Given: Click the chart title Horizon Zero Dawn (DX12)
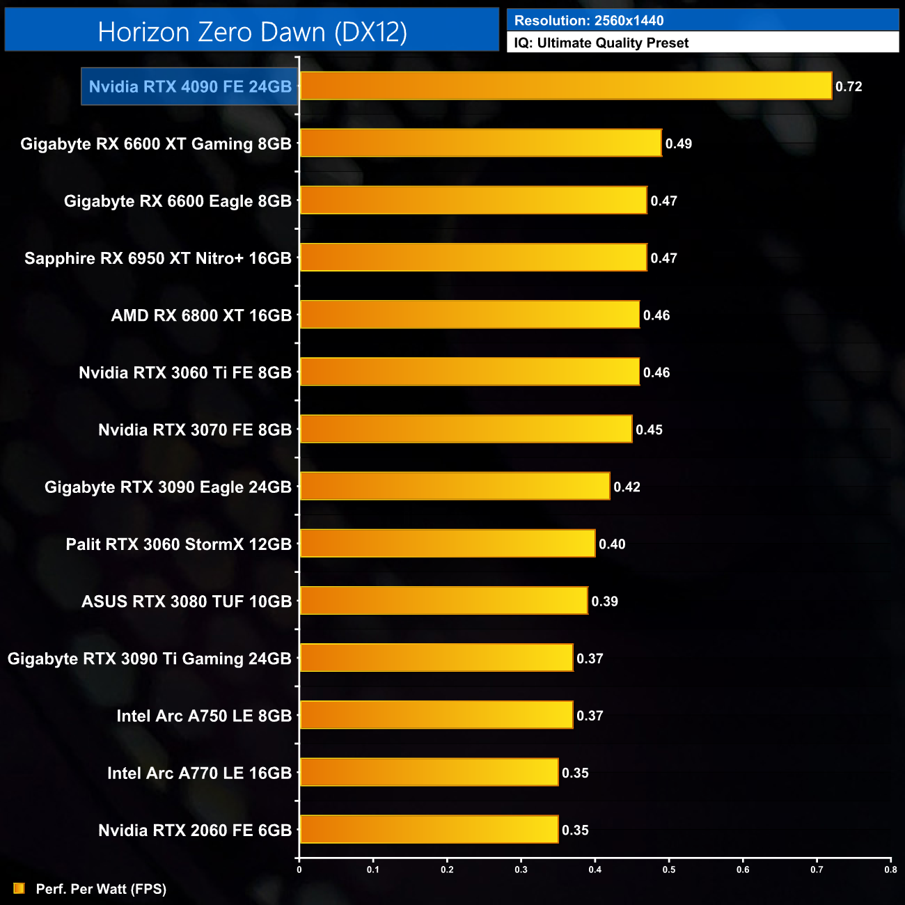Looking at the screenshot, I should (252, 32).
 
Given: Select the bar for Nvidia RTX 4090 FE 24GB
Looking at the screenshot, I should (565, 86).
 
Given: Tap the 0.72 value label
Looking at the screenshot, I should (849, 87).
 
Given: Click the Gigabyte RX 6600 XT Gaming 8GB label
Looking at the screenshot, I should (156, 144).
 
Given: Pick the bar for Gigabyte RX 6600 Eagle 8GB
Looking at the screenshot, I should (473, 200).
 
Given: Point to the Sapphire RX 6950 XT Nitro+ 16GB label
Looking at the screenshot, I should (158, 258).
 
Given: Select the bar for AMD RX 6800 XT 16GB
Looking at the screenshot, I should (469, 315).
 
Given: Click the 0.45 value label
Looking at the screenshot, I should (649, 430).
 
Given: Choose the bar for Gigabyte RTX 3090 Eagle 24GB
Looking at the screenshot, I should (455, 487).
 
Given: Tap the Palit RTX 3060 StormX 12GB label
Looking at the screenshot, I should (179, 544).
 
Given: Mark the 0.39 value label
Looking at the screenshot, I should (604, 601).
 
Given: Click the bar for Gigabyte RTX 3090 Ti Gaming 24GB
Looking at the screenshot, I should (436, 658).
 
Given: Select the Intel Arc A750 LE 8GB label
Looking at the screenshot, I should (204, 716).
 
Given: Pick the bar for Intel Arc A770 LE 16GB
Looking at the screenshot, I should (429, 773).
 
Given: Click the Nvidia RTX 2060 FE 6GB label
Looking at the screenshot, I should (195, 831).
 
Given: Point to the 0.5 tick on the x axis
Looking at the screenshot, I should (669, 869).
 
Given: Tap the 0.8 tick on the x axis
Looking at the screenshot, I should (890, 869).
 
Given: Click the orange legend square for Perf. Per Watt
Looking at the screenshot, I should (19, 888).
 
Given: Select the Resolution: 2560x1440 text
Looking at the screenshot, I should (589, 21).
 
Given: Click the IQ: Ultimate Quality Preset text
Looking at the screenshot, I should (601, 43).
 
